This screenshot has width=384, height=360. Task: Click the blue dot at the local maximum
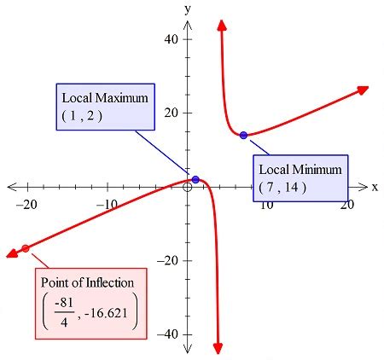tap(195, 179)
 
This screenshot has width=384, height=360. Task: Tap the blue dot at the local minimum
tap(243, 135)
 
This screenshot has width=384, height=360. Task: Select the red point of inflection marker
tap(26, 248)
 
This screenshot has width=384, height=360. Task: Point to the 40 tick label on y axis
tap(172, 39)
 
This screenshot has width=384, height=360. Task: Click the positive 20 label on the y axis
tap(172, 113)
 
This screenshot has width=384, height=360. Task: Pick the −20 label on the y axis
tap(168, 260)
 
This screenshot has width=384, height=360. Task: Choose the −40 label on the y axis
tap(168, 334)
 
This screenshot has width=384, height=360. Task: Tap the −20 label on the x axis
tap(26, 205)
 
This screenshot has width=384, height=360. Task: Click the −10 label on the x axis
tap(107, 204)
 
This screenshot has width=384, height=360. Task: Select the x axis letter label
tap(375, 188)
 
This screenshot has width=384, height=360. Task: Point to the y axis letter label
tap(188, 9)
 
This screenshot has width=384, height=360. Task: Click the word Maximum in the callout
tap(122, 98)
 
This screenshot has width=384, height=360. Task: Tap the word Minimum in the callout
tap(317, 170)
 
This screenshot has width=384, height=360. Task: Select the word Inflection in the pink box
tap(110, 282)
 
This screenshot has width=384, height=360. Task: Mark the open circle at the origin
tap(187, 188)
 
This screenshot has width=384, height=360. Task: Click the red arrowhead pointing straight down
tap(218, 348)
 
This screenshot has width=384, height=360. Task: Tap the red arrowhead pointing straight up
tap(222, 25)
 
